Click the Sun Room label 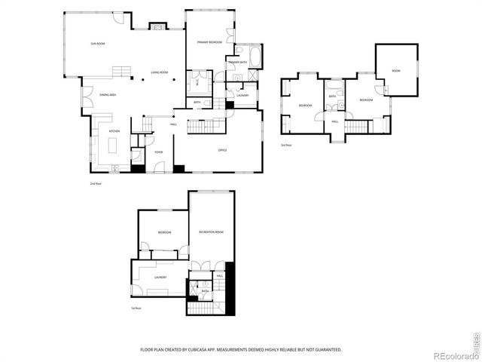tap(98, 44)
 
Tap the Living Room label tap(159, 72)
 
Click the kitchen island tap(114, 152)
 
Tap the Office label tap(223, 151)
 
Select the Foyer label tap(159, 152)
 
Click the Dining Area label tap(108, 95)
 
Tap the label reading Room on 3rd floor tap(396, 71)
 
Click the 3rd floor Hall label tap(334, 121)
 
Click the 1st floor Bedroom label tap(163, 232)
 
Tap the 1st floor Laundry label tap(160, 278)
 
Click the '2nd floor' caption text tap(95, 183)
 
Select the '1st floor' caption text tap(136, 308)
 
